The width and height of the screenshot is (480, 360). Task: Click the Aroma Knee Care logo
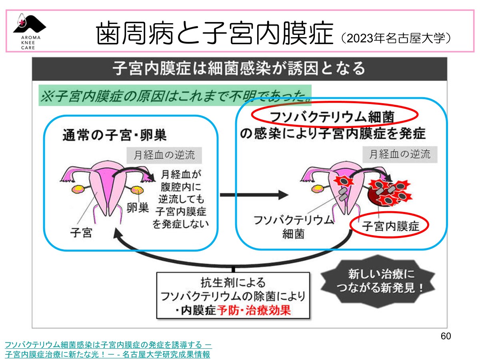29,32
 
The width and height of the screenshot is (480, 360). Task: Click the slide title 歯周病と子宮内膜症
215,34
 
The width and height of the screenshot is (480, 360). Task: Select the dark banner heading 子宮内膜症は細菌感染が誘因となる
239,69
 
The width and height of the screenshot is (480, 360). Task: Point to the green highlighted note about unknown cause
175,95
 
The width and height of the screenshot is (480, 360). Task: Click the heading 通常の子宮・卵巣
114,135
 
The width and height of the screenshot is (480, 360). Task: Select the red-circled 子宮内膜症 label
390,226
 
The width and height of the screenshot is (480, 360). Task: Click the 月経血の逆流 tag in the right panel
399,154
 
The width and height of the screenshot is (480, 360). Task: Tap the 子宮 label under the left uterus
81,232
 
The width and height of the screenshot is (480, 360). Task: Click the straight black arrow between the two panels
254,195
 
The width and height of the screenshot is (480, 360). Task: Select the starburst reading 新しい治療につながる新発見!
379,281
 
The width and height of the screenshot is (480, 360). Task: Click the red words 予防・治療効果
254,310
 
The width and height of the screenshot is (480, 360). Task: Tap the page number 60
446,336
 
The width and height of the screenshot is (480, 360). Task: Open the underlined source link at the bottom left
108,349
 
